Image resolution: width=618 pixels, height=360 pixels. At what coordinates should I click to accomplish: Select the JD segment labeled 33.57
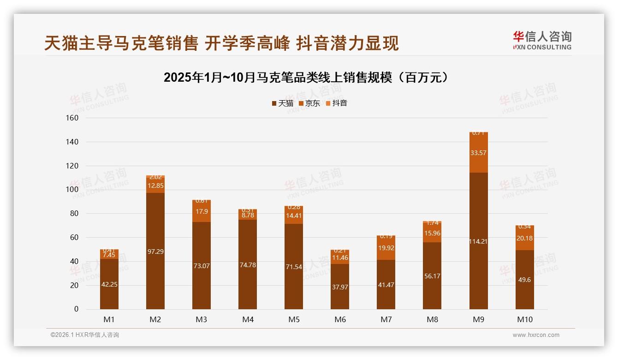click(478, 153)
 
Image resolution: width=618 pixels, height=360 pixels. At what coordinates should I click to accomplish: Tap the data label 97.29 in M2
click(155, 252)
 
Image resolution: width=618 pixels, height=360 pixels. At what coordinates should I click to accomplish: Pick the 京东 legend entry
click(309, 103)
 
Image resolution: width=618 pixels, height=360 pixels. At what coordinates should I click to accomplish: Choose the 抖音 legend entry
click(337, 103)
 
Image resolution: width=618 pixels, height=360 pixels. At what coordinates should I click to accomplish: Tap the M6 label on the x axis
click(340, 319)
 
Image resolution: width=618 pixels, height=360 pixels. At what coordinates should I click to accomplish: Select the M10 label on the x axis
click(524, 319)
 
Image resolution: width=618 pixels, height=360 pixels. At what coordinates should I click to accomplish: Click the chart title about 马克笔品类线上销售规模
click(306, 78)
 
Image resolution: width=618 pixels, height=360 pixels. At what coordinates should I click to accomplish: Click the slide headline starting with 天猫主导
click(221, 43)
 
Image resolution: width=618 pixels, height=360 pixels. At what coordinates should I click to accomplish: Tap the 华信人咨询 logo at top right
click(542, 40)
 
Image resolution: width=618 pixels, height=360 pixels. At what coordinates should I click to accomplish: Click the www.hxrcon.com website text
click(536, 335)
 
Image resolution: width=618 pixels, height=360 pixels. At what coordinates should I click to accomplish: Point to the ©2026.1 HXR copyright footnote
click(85, 335)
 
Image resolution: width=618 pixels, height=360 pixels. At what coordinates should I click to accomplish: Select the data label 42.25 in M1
click(109, 285)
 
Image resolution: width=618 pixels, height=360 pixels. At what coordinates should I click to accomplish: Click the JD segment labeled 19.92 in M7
click(386, 248)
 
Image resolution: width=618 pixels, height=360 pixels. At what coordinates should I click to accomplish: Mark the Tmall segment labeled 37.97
click(340, 287)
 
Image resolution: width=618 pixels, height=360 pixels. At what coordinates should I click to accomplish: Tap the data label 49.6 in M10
click(524, 280)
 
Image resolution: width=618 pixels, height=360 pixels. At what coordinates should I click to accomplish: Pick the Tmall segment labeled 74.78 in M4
click(248, 264)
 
